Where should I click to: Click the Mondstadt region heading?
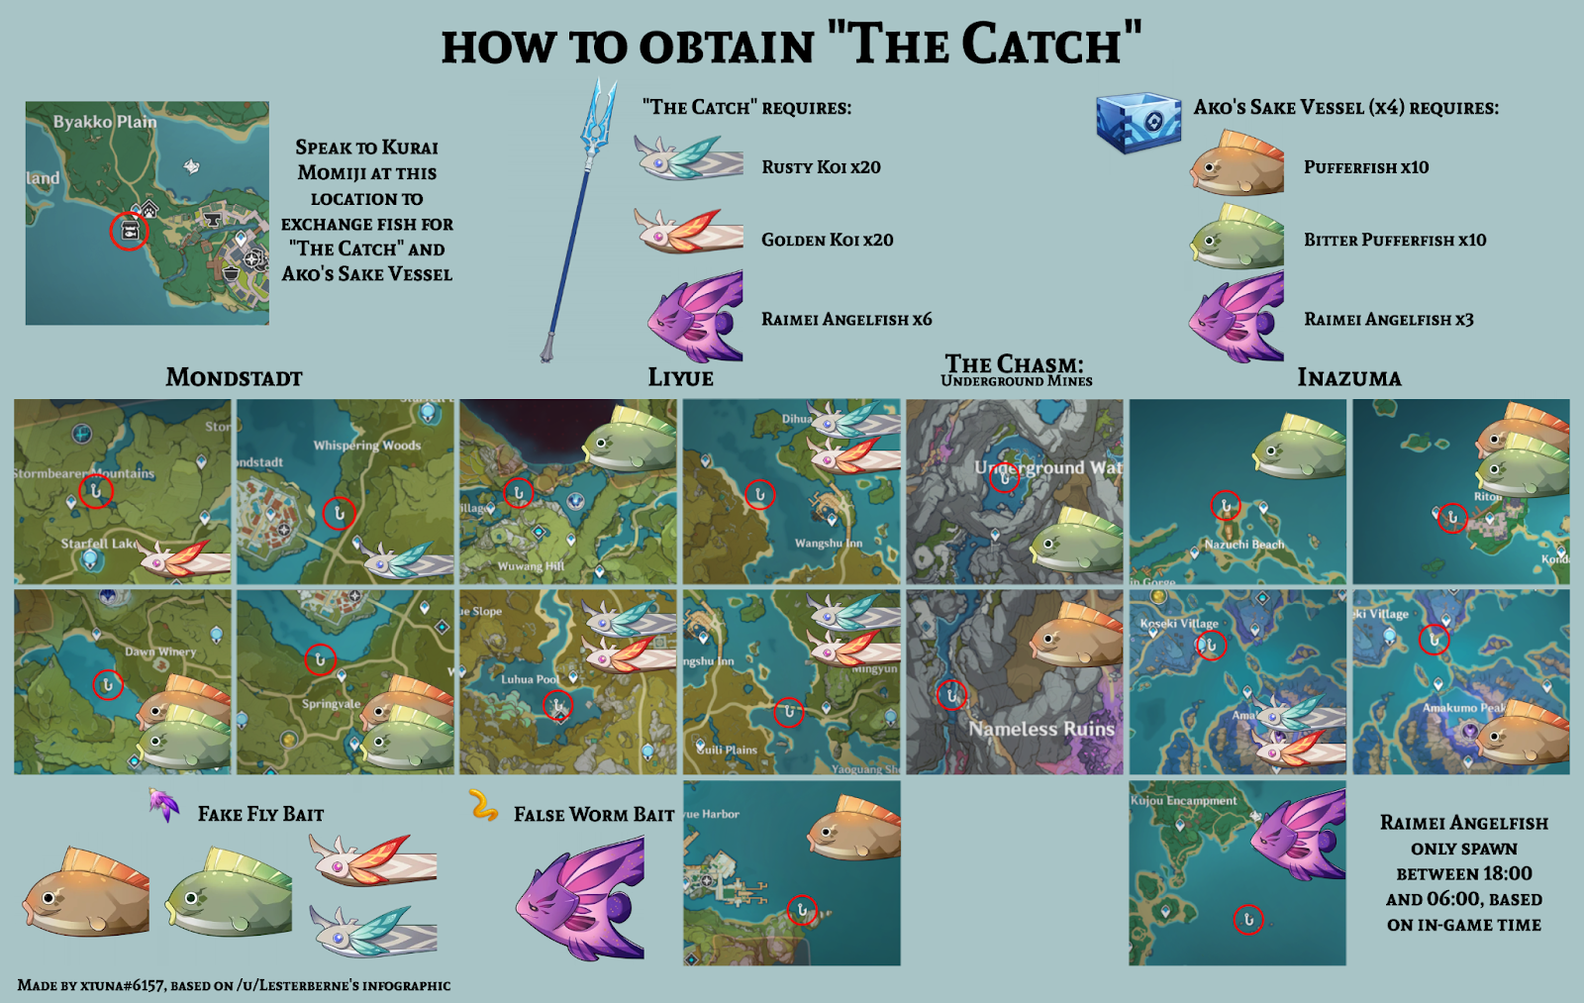point(234,377)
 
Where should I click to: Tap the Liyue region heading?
point(680,377)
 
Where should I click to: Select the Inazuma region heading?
point(1348,377)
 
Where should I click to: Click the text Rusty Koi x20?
point(821,167)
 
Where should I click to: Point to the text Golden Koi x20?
point(827,240)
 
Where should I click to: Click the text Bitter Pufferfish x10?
point(1394,240)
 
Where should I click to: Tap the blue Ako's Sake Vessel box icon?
point(1138,123)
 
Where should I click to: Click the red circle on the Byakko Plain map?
point(129,231)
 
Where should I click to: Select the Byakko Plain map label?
point(104,122)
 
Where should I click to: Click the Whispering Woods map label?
point(366,446)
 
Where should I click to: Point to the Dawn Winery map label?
point(160,652)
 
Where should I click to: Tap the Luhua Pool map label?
point(530,679)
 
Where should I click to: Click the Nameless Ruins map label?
point(1041,729)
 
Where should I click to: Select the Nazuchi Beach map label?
point(1243,545)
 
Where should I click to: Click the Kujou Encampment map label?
point(1184,800)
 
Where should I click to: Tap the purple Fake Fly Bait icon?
point(163,804)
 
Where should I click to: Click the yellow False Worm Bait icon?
point(483,806)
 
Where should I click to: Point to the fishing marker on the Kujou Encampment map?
point(1248,920)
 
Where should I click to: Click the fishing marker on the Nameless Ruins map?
point(951,695)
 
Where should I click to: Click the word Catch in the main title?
point(1040,46)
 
